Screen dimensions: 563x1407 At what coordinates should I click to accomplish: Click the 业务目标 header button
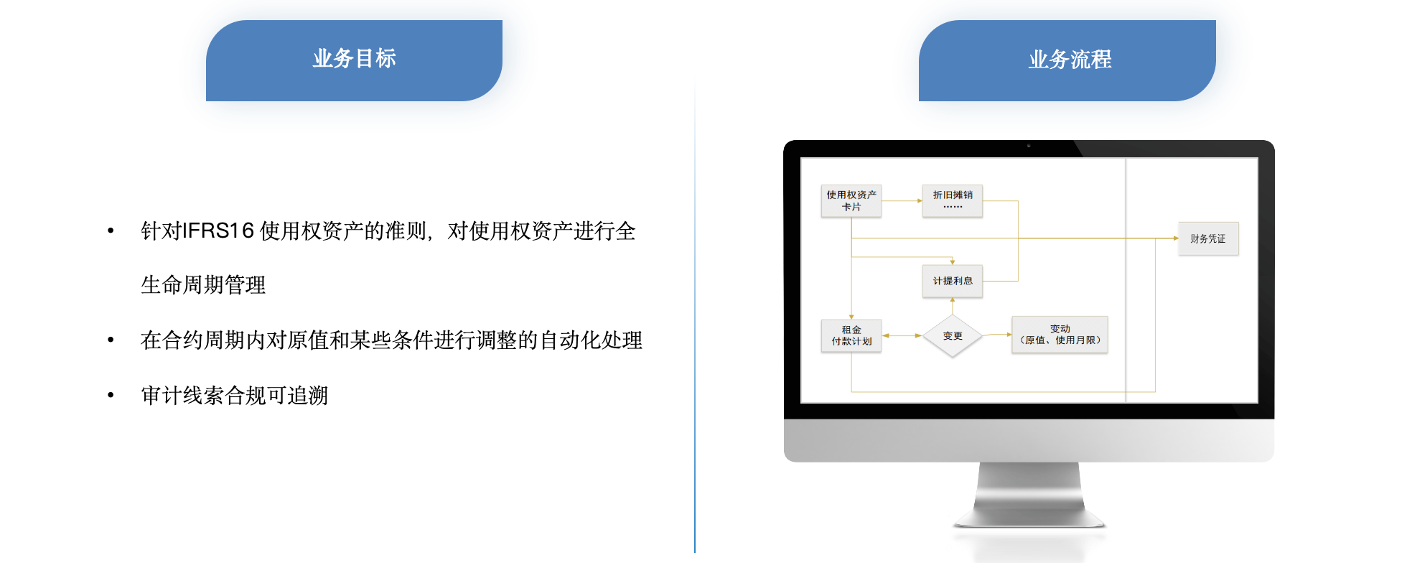pos(354,60)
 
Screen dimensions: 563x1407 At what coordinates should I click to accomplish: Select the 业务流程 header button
pos(1070,60)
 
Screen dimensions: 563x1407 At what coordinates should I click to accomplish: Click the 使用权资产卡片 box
pos(851,201)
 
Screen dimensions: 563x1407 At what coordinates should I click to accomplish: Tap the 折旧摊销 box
pos(953,200)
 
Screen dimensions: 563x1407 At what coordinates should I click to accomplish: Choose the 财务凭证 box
pos(1208,238)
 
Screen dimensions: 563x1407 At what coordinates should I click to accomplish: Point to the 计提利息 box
pos(953,281)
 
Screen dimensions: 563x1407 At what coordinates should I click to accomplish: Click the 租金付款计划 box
pos(851,335)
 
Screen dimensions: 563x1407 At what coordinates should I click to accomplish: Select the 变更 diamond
pos(953,335)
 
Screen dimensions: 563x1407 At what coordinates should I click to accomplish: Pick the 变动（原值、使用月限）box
pos(1060,335)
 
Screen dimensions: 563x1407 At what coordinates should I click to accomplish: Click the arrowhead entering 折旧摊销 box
pos(920,201)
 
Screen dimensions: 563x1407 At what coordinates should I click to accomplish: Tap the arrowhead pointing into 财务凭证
pos(1175,238)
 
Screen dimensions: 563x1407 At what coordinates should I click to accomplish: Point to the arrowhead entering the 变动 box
pos(1009,335)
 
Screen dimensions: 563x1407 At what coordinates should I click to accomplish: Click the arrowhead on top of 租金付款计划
pos(851,317)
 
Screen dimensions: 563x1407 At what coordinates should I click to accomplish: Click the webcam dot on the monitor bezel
pos(1028,146)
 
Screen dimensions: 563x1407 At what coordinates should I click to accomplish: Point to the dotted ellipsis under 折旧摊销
pos(953,207)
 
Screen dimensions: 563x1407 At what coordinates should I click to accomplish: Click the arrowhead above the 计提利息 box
pos(953,262)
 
